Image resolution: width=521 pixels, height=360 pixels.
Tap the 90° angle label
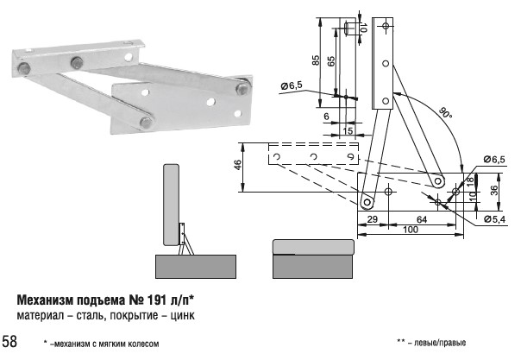[x=444, y=113]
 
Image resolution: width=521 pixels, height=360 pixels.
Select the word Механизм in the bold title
[x=48, y=300]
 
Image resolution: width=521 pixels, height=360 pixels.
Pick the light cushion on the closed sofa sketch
[x=313, y=247]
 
